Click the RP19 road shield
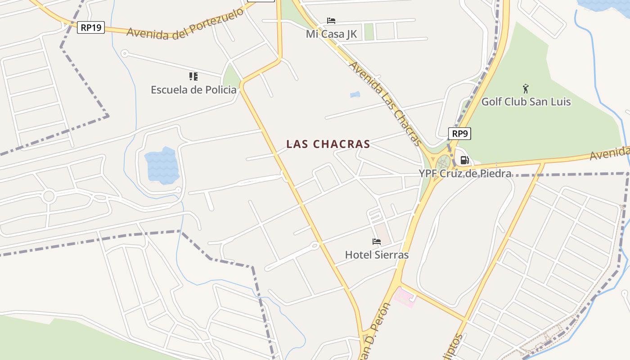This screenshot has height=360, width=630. click(x=91, y=27)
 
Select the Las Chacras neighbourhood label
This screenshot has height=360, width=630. click(x=328, y=144)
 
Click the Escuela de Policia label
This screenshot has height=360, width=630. click(x=193, y=90)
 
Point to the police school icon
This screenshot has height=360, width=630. click(x=193, y=76)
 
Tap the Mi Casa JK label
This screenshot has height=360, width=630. click(x=331, y=34)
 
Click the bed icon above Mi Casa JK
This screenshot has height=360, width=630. click(x=331, y=21)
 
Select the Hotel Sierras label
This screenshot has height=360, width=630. click(x=377, y=255)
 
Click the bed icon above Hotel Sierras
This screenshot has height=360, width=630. click(x=377, y=242)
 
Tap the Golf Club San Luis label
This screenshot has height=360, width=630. click(x=526, y=102)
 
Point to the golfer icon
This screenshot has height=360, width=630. click(x=526, y=88)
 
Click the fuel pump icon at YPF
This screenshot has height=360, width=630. click(x=465, y=160)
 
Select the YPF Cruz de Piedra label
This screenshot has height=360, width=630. click(x=465, y=174)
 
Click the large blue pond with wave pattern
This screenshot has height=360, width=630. click(x=162, y=165)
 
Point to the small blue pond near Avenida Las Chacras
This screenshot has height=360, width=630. click(x=355, y=94)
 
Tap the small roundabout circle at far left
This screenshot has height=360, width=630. click(x=49, y=196)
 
